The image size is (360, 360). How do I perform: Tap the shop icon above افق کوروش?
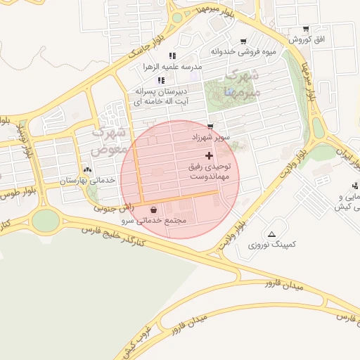tap(306, 30)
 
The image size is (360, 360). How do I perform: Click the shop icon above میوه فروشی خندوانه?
tap(243, 41)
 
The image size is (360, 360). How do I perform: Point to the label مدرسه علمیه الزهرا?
tap(172, 67)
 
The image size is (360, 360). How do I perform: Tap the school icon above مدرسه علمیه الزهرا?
tap(172, 56)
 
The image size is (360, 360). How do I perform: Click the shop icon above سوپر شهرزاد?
tap(210, 127)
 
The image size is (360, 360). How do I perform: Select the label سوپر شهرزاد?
tap(210, 138)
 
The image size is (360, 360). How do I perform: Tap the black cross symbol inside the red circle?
tap(209, 155)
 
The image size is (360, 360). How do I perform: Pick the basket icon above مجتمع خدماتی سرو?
tap(154, 210)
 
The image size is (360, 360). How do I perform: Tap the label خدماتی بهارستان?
tap(86, 181)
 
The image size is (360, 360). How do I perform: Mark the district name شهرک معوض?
tap(110, 140)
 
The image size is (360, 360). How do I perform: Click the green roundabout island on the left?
tap(45, 220)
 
